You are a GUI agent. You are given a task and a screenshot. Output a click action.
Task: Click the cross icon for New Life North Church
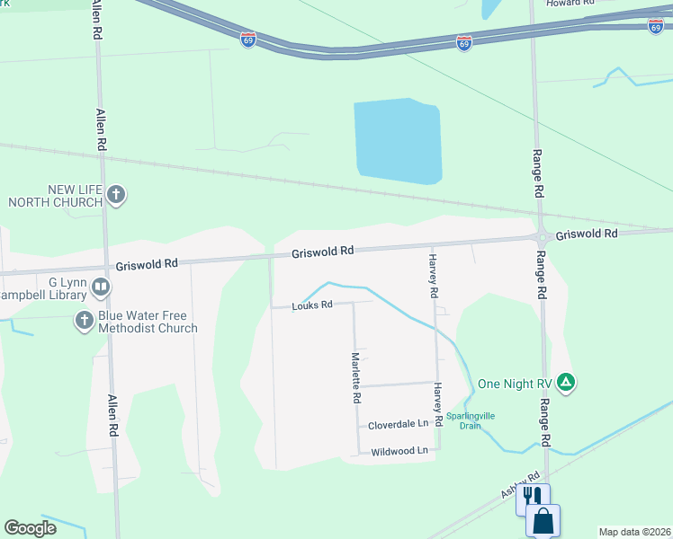coord(116,194)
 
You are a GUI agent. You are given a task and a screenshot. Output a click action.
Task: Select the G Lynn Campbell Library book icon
coord(101,288)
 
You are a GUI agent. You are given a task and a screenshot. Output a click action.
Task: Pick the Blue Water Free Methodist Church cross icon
coord(85,321)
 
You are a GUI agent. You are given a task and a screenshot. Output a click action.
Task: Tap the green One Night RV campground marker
coord(566,383)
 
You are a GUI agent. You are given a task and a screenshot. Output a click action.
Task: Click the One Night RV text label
coord(515,383)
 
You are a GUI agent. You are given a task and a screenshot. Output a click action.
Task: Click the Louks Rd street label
coord(312,305)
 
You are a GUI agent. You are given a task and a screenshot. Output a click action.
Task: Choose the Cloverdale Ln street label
coord(399,424)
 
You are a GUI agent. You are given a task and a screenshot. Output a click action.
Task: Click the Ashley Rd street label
coord(520,486)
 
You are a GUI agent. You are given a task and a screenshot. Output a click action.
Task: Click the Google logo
coord(31,528)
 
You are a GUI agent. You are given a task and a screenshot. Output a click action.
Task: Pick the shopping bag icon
coord(543,520)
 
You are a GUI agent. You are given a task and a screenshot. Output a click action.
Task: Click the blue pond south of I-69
coord(397,141)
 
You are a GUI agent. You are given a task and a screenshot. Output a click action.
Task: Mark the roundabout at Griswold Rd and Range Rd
coord(543,237)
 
